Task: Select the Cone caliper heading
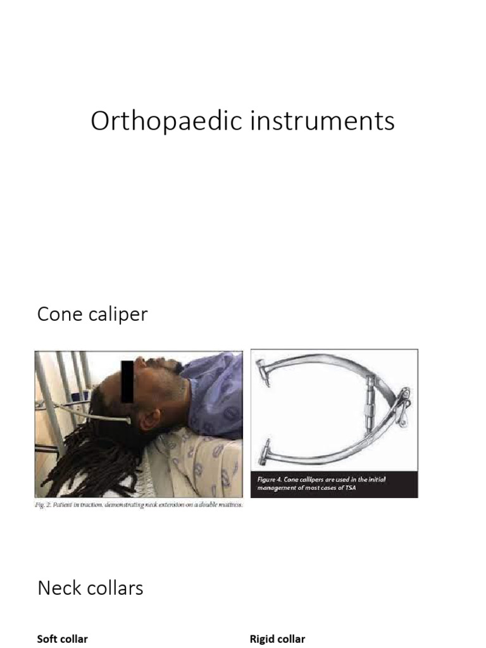coord(92,315)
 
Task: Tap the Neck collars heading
coord(90,588)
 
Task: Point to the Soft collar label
coord(62,639)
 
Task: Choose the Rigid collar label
coord(277,639)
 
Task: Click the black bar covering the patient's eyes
coord(127,382)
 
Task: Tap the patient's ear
coord(151,419)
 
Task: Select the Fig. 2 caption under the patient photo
coord(139,505)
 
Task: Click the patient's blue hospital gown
coord(215,392)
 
